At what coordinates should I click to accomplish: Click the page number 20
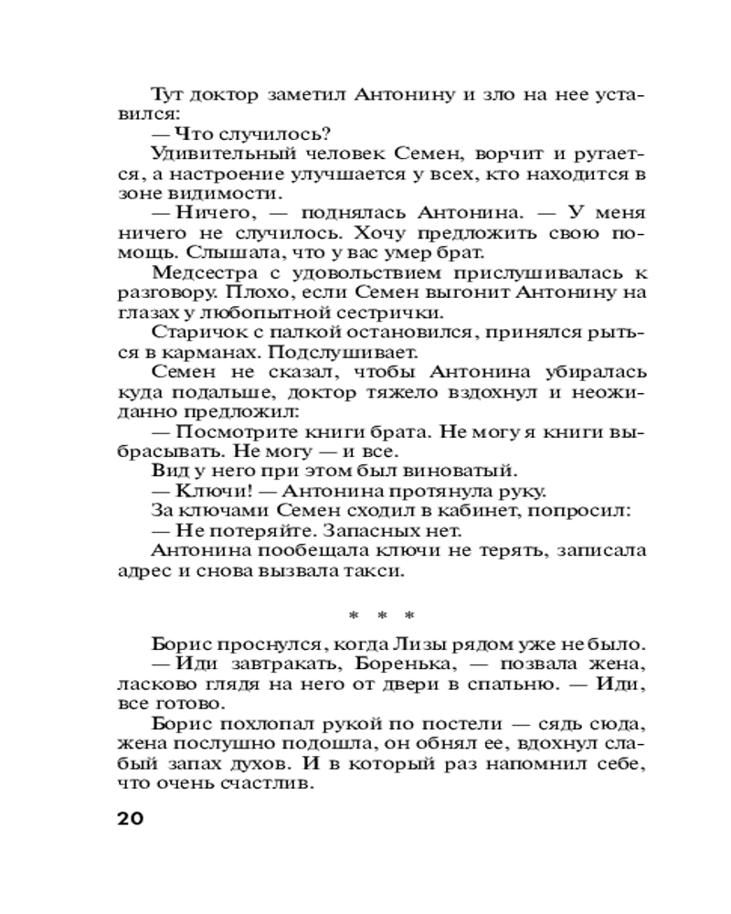131,817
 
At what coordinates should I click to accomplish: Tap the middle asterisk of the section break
383,614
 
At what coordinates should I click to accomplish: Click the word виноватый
460,473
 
